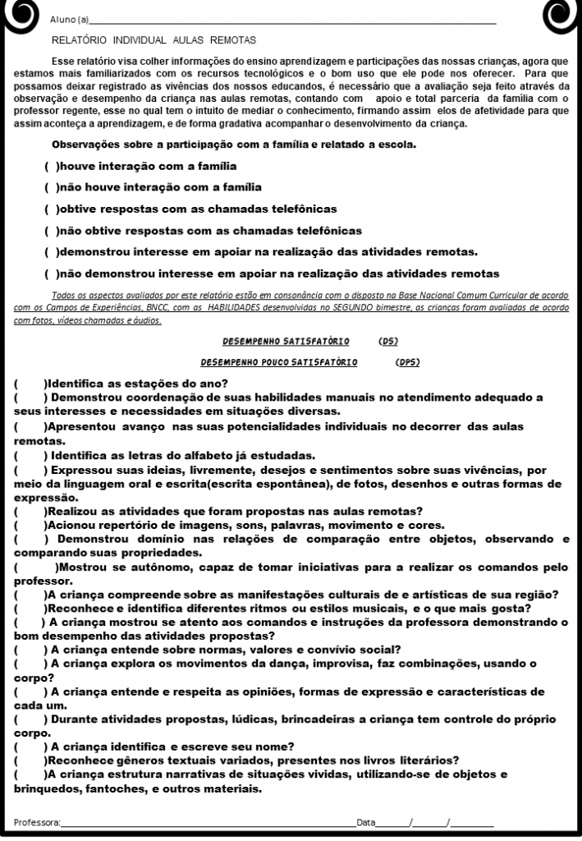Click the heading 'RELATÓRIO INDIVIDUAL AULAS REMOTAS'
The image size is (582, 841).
pyautogui.click(x=154, y=39)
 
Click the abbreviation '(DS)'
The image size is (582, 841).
pyautogui.click(x=389, y=341)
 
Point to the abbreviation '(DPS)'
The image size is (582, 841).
pyautogui.click(x=408, y=361)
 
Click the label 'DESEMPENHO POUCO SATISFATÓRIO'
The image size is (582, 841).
pyautogui.click(x=279, y=361)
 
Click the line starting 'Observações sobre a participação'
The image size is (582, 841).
pyautogui.click(x=234, y=145)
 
